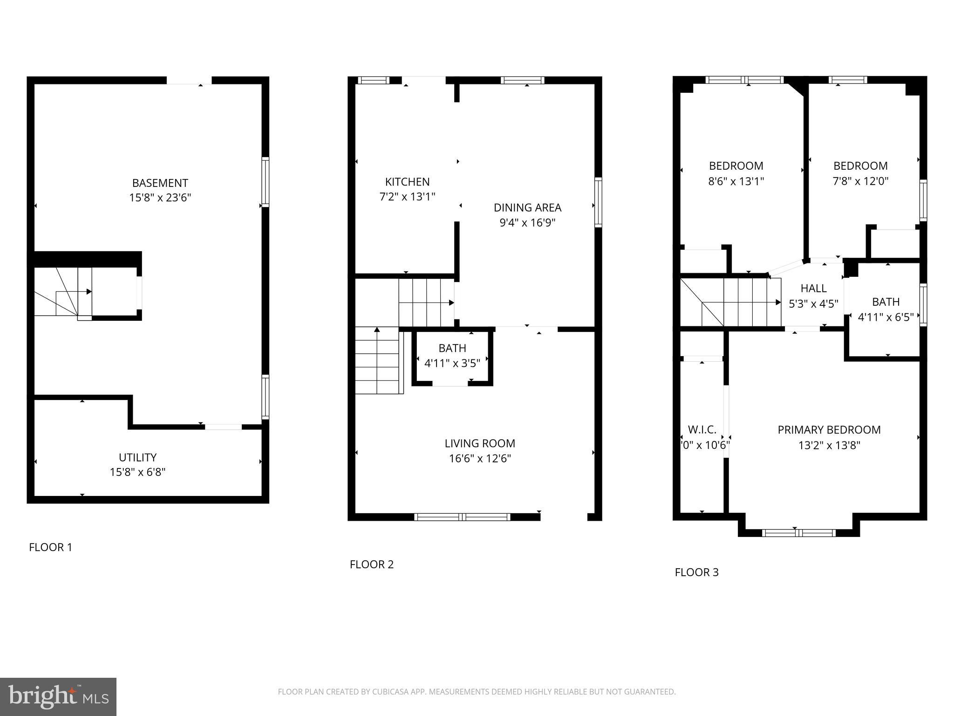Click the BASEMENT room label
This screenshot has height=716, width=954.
[x=160, y=183]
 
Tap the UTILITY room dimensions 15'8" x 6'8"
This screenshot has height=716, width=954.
[x=137, y=472]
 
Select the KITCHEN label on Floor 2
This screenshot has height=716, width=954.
[x=407, y=182]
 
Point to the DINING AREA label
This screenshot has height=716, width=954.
[x=527, y=207]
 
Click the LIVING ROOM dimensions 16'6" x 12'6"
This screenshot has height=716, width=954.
[x=480, y=459]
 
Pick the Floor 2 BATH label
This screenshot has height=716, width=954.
[x=452, y=348]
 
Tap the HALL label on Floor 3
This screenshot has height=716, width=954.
[x=813, y=289]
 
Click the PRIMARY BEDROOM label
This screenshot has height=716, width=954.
[x=829, y=430]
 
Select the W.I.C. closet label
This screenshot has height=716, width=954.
[x=702, y=430]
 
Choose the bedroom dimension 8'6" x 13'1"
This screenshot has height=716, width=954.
[x=736, y=181]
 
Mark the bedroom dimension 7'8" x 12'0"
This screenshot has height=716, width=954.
[x=860, y=181]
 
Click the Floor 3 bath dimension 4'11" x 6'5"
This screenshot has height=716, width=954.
[x=886, y=317]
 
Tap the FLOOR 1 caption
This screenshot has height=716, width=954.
[x=51, y=547]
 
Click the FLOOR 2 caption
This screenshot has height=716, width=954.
[x=371, y=565]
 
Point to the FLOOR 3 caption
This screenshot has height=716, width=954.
[x=696, y=572]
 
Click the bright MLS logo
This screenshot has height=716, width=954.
[x=58, y=696]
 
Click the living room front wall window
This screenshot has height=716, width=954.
[x=462, y=516]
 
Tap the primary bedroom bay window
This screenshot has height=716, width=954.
[x=798, y=532]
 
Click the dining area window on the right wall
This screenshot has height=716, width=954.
[x=598, y=202]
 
